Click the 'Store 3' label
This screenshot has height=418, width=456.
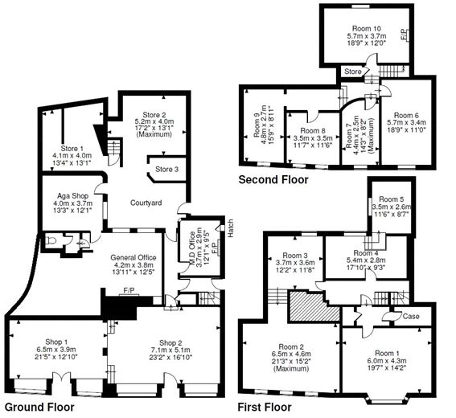point(166,169)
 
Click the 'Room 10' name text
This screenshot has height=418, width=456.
point(365,29)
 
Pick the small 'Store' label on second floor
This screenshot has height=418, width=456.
point(352,72)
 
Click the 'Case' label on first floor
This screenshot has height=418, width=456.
point(410,316)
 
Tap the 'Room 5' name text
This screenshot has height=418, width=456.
point(391,199)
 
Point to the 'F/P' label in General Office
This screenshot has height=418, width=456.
point(128,290)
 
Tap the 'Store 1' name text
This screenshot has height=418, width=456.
point(72,147)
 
